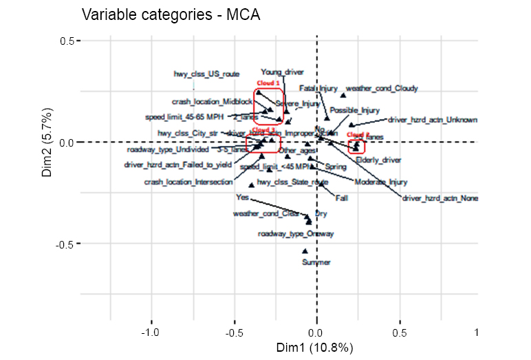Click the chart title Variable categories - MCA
pos(164,14)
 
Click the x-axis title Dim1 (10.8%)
pos(316,348)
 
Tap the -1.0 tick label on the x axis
pos(150,332)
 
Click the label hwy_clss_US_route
pos(206,74)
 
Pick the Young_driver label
pos(282,72)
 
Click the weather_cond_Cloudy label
pos(382,88)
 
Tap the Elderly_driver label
pos(378,160)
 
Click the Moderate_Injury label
pos(381,182)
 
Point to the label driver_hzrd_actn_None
pos(440,198)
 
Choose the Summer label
pos(316,262)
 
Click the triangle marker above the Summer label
pos(305,252)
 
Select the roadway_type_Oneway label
pos(296,234)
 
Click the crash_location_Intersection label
pos(188,182)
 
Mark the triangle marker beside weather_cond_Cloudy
pos(343,95)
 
